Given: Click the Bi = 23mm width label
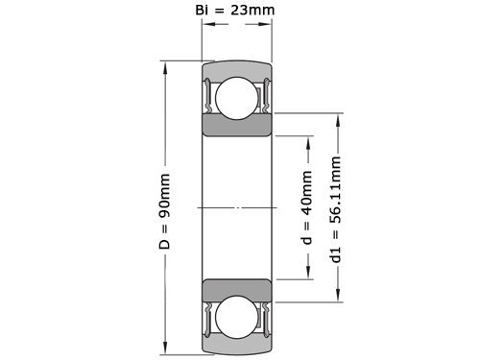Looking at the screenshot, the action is click(235, 10).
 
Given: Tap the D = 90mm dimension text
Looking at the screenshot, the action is click(164, 211).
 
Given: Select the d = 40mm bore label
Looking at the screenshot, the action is click(306, 207).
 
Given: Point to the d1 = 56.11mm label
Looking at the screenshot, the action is click(335, 209).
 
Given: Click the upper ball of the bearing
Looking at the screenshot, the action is click(237, 98).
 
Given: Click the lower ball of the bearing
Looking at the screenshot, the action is click(237, 317).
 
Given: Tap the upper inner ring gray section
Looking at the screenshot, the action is click(237, 125).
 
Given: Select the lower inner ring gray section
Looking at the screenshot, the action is click(237, 290).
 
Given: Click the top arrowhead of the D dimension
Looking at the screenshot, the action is click(165, 68).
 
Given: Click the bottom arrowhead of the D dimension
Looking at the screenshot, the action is click(165, 348).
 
